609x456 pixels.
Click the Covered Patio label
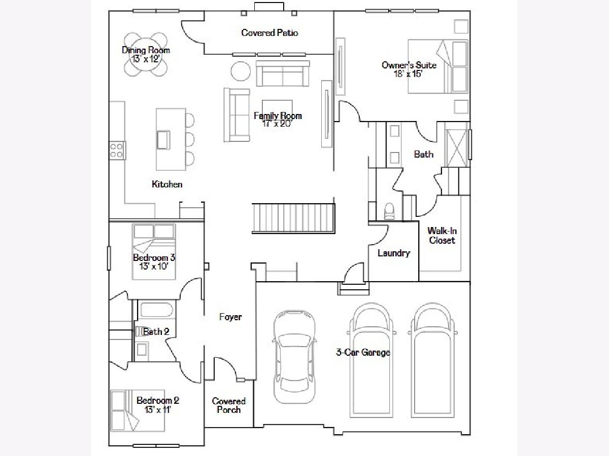tap(269, 32)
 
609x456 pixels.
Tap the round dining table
tap(145, 59)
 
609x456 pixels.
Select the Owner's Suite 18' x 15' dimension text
tap(409, 74)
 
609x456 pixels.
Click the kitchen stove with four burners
tap(117, 150)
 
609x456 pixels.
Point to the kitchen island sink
tap(163, 140)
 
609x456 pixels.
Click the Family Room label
tap(278, 116)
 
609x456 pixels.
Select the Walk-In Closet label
tap(442, 235)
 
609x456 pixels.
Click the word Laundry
tap(394, 253)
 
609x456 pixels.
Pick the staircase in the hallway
tap(293, 218)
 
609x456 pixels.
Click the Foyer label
tap(230, 317)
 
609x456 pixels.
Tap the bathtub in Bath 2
tap(157, 310)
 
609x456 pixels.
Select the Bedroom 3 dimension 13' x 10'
tap(154, 267)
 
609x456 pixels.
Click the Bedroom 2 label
tap(158, 400)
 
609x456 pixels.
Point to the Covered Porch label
tap(228, 405)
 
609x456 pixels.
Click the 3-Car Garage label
tap(363, 352)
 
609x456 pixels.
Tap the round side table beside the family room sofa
tap(241, 71)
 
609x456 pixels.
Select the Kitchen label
tap(167, 184)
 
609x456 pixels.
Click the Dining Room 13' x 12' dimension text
tap(146, 59)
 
